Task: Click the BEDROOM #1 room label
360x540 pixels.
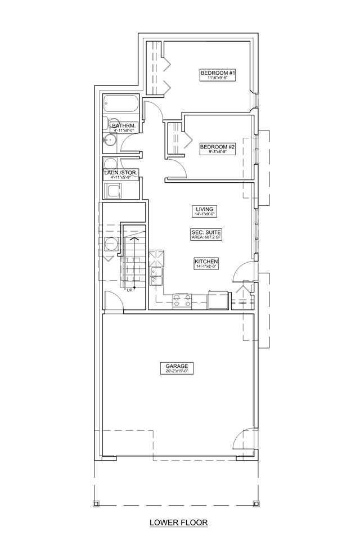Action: coord(218,73)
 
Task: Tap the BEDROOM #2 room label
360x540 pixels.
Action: coord(218,147)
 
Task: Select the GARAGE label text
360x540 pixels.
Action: coord(177,366)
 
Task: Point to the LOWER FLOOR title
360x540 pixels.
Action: coord(179,523)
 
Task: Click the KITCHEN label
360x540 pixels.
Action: coord(206,262)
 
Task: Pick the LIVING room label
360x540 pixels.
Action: coord(205,209)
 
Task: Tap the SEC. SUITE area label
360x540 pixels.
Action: coord(206,232)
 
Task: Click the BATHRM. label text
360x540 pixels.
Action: coord(124,126)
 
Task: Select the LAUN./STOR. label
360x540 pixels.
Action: coord(121,173)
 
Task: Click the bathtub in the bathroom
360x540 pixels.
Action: coord(121,103)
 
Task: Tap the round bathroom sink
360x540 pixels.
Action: coord(111,140)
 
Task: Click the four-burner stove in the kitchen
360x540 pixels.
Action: coord(182,301)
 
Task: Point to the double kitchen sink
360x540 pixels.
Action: coord(157,276)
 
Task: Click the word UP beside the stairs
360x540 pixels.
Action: coord(129,290)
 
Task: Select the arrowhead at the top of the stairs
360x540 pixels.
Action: coord(134,238)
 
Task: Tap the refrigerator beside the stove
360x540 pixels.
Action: coord(218,300)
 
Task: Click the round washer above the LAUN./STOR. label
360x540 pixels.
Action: coord(111,164)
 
